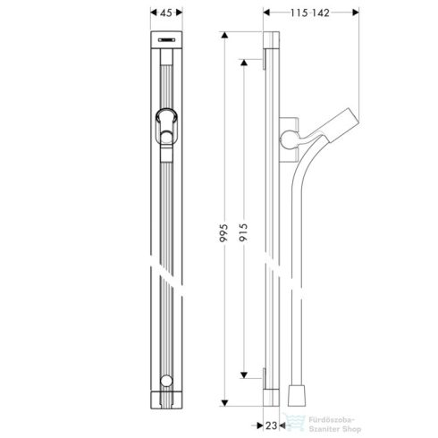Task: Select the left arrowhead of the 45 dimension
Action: point(150,15)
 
